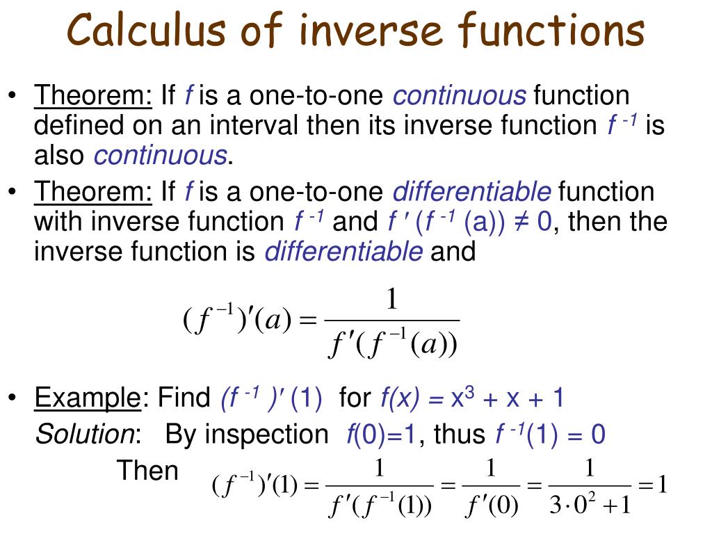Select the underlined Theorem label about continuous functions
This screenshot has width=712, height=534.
tap(94, 95)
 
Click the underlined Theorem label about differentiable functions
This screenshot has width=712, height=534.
tap(94, 192)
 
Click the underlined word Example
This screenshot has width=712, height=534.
tap(88, 398)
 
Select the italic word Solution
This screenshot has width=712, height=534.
tap(86, 435)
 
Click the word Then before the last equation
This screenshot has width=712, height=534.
tap(147, 471)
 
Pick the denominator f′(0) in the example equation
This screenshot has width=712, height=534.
tap(491, 506)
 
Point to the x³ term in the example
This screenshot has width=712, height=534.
tap(460, 398)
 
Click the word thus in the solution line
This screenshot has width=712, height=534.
tap(459, 435)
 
